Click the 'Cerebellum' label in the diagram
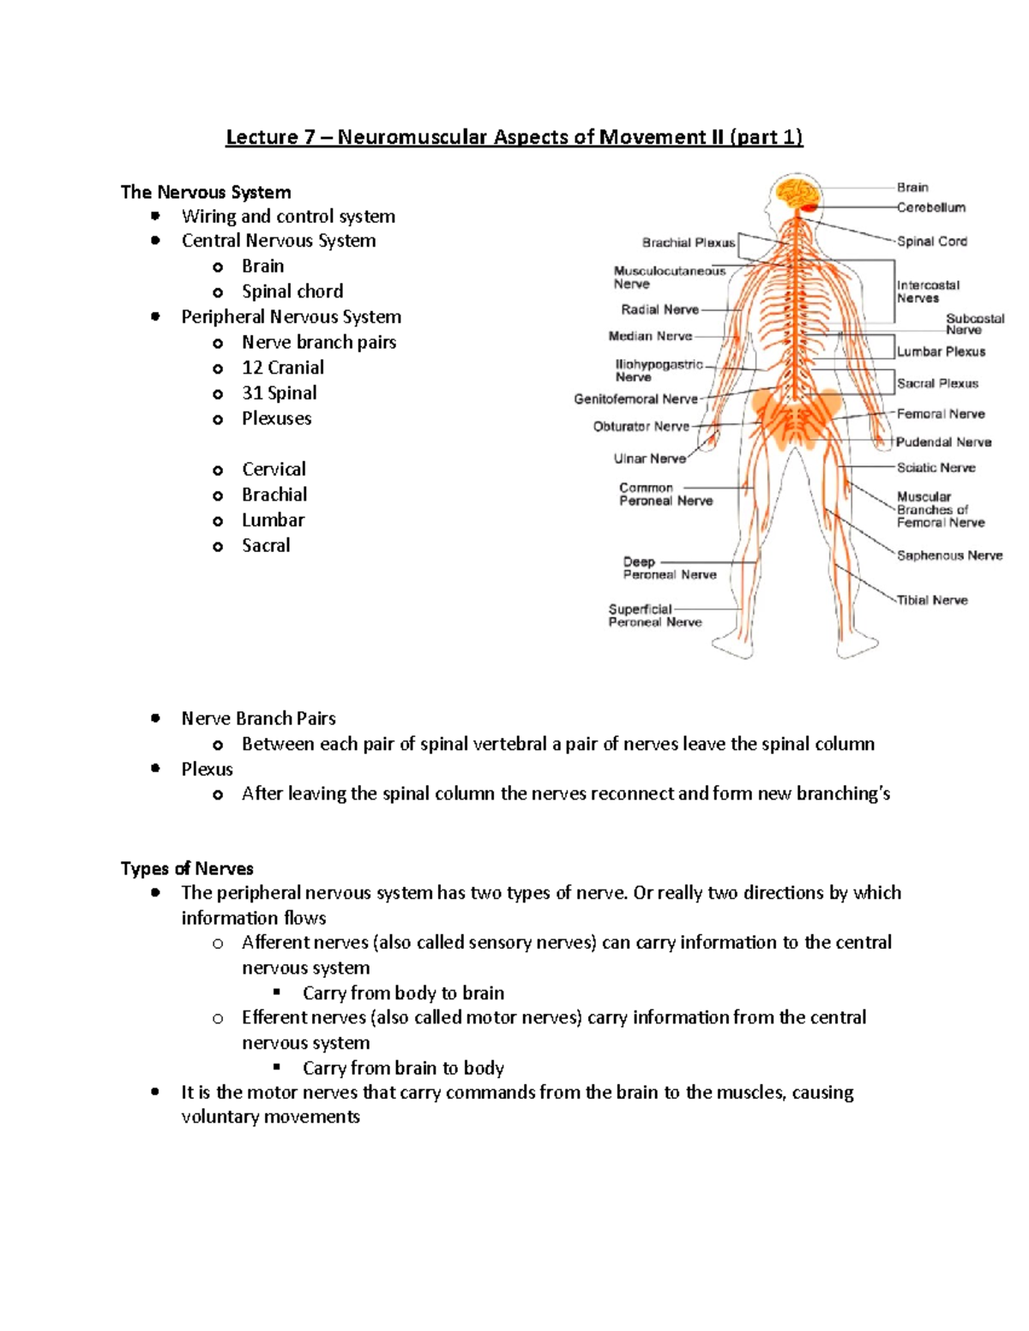click(x=930, y=207)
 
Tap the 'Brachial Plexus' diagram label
click(x=688, y=243)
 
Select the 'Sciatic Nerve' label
click(x=936, y=468)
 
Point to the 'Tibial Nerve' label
click(x=932, y=600)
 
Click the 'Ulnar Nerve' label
click(x=649, y=459)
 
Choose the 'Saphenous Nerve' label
click(x=949, y=555)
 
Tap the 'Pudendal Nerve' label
click(x=943, y=442)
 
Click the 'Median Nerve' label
click(x=650, y=336)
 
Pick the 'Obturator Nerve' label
click(x=641, y=426)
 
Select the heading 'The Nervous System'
click(x=206, y=192)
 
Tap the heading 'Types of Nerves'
click(x=187, y=868)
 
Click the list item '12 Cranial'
click(x=282, y=368)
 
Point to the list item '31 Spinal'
click(x=279, y=393)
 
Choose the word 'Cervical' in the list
click(x=274, y=470)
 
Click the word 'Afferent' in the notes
click(x=277, y=943)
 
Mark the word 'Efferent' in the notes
click(x=276, y=1017)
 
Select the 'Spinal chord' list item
click(x=292, y=291)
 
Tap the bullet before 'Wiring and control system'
click(x=155, y=215)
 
